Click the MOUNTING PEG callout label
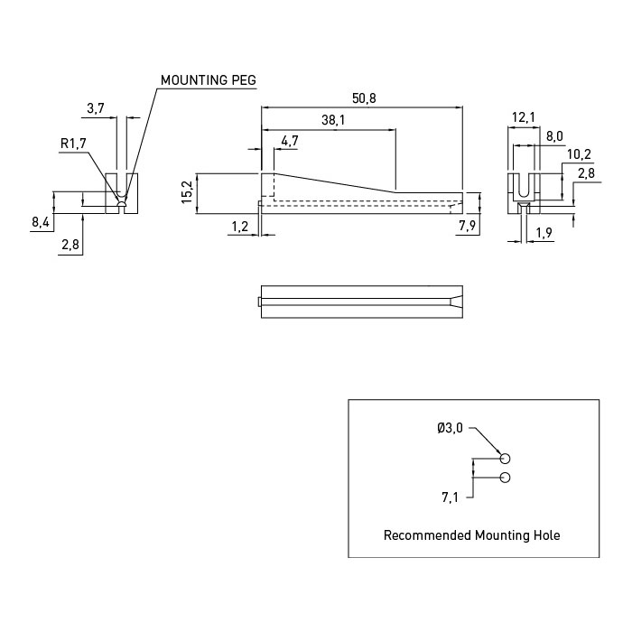click(x=208, y=80)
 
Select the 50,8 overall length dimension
click(x=363, y=98)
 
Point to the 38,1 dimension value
click(x=332, y=120)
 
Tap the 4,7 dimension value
click(x=290, y=141)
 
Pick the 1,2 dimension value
click(x=239, y=227)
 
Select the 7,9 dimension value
click(x=468, y=226)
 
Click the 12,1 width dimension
click(x=524, y=117)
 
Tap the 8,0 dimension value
click(x=554, y=136)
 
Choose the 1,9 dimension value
click(x=545, y=234)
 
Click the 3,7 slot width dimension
click(x=96, y=108)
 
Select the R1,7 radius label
click(x=73, y=143)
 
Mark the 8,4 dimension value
click(x=41, y=221)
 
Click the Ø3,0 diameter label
click(x=450, y=429)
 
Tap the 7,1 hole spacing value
click(x=450, y=497)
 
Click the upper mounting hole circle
click(x=505, y=459)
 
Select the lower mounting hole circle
click(x=505, y=477)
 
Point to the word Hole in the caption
click(x=546, y=535)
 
